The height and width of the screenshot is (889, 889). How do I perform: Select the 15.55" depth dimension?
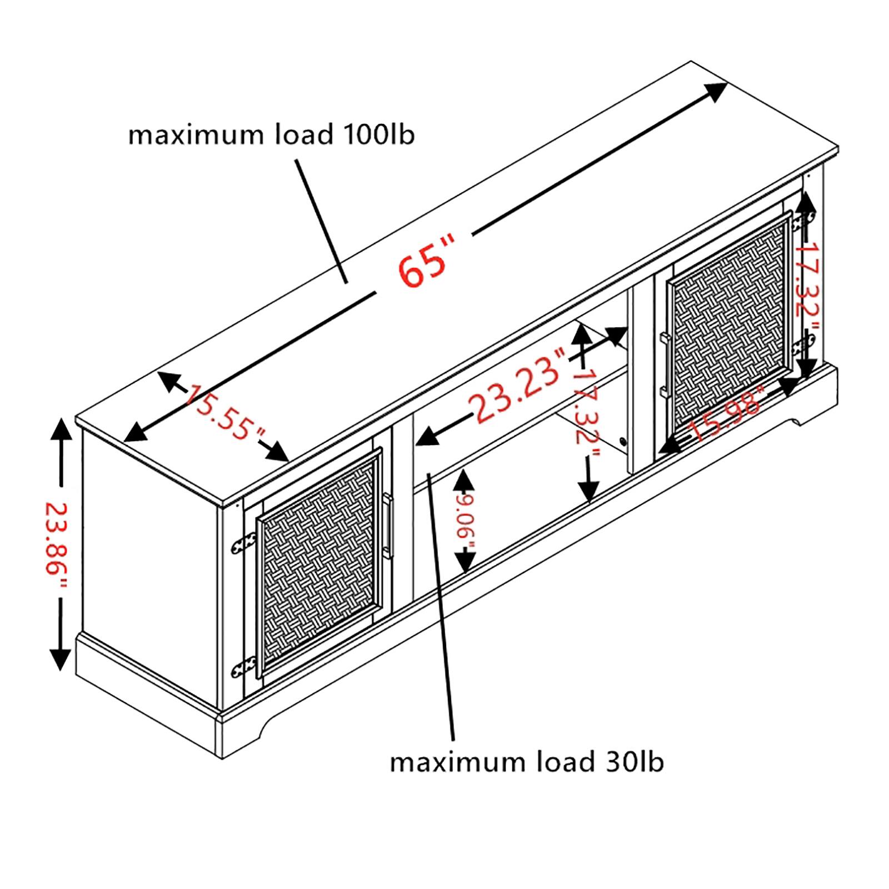click(226, 412)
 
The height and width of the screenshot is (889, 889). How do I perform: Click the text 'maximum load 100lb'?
click(271, 135)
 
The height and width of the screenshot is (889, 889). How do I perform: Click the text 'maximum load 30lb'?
click(526, 762)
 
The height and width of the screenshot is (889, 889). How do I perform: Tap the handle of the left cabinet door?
click(388, 526)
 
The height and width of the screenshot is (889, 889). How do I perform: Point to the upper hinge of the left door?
click(243, 543)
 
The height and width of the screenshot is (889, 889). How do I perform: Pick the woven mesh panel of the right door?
click(728, 324)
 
